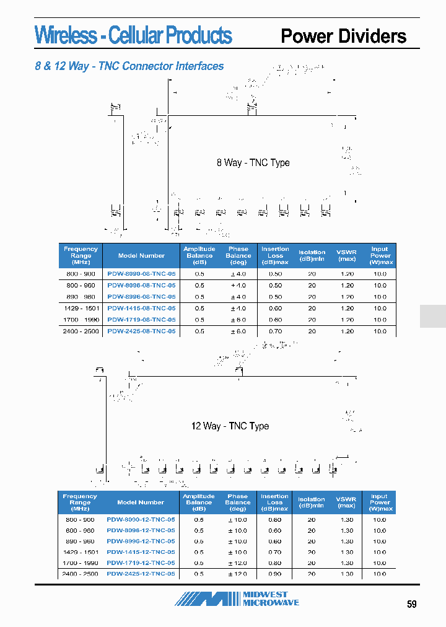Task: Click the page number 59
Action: coord(412,604)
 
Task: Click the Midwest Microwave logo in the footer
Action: coord(237,598)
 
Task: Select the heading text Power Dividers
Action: coord(344,36)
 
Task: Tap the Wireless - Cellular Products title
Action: coord(133,35)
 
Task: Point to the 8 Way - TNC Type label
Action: coord(253,163)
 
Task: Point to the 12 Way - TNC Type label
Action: coord(230,426)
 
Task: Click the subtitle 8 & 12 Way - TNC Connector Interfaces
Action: coord(129,66)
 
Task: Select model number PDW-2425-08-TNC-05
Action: coord(141,331)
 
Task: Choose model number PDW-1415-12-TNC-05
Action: coord(141,552)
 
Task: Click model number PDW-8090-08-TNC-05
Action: coord(141,273)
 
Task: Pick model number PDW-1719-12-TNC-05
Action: coord(141,563)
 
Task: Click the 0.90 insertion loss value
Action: coord(274,574)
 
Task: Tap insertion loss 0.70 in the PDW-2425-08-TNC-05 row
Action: coord(275,331)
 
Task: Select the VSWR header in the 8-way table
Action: coord(347,255)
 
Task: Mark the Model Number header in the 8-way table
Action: coord(141,255)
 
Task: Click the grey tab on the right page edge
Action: coord(432,316)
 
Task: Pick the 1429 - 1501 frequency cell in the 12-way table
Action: coord(80,552)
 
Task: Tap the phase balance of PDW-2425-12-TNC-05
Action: coord(237,574)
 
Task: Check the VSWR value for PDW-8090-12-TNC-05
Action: coord(347,520)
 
